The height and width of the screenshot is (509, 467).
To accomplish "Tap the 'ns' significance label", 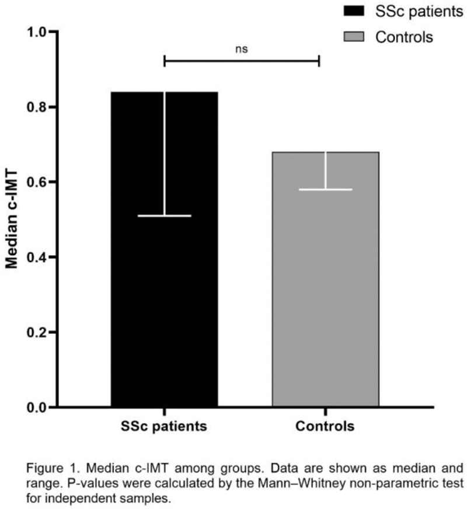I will (x=242, y=49).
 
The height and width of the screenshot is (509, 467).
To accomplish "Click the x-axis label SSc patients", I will (x=164, y=427).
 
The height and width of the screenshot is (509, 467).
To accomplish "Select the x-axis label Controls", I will (x=326, y=427).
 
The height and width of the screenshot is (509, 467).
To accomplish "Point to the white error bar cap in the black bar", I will (x=164, y=216).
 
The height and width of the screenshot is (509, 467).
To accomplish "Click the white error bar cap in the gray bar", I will (x=326, y=189).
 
